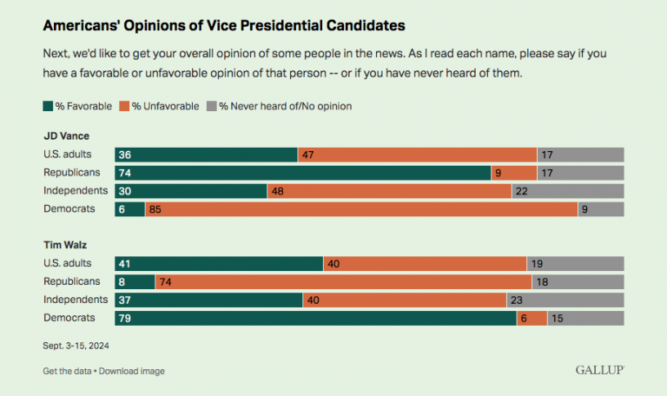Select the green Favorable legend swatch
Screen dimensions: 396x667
click(48, 106)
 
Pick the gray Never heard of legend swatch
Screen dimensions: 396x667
click(210, 106)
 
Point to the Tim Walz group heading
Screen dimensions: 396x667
click(64, 246)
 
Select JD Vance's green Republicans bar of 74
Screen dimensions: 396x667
click(302, 173)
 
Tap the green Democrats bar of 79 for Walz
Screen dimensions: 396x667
click(315, 318)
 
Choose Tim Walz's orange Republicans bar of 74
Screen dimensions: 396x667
click(343, 281)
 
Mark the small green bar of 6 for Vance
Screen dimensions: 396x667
click(129, 208)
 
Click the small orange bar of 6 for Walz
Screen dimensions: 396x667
click(532, 318)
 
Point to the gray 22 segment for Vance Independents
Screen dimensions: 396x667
click(568, 190)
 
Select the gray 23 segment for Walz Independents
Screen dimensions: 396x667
click(565, 300)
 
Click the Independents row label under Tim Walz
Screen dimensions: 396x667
click(76, 300)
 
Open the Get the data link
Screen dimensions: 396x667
click(68, 371)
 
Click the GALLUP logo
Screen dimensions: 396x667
click(599, 370)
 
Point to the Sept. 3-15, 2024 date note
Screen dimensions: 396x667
click(76, 345)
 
